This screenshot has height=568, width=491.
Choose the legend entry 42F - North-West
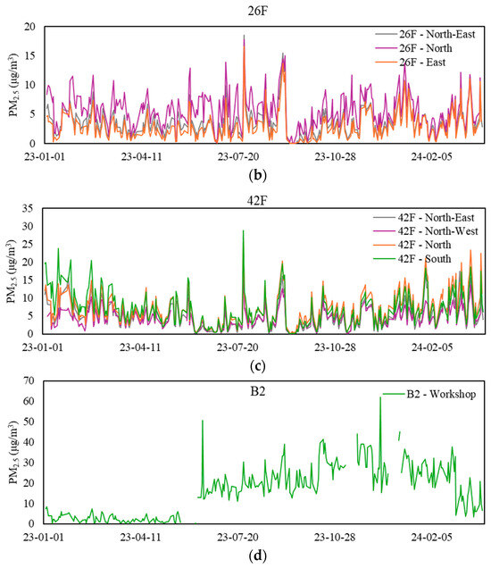[424, 230]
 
